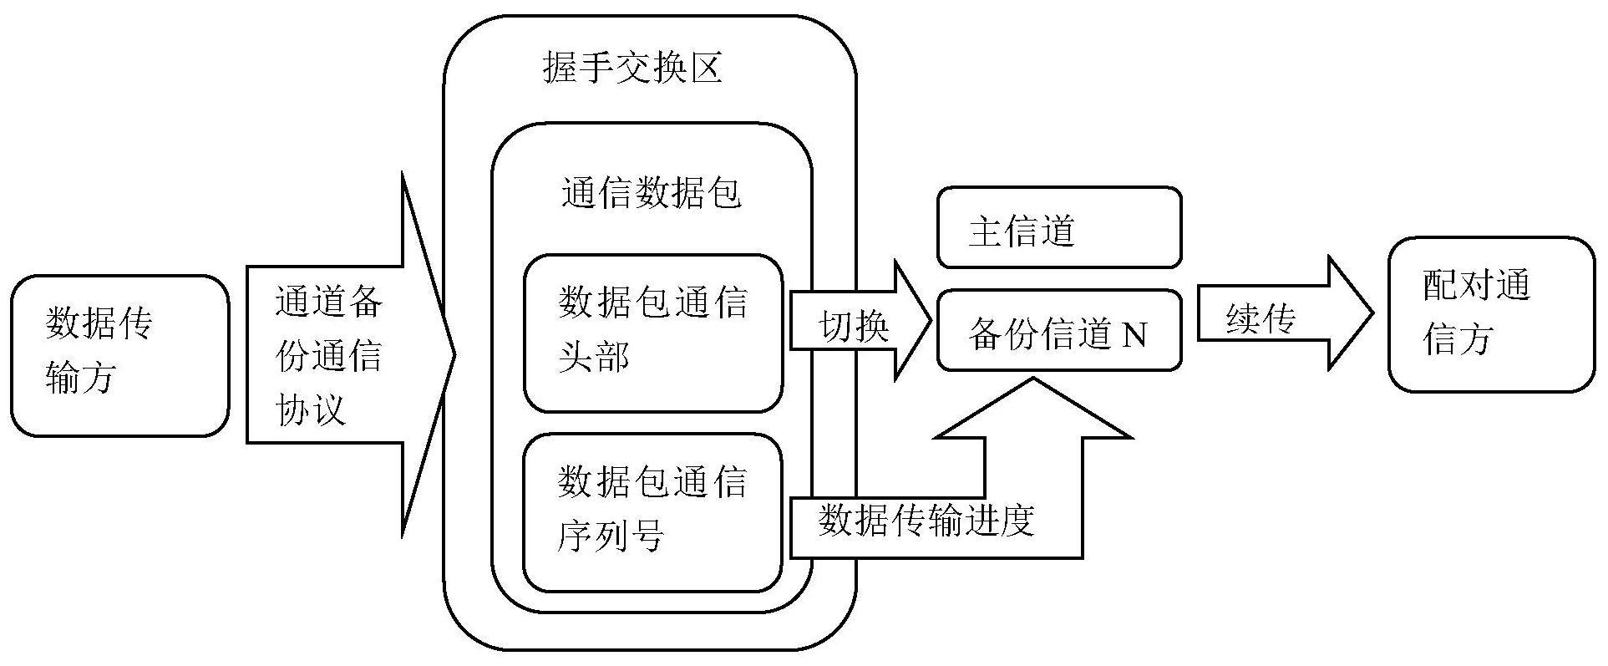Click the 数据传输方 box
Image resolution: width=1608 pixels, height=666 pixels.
pyautogui.click(x=119, y=355)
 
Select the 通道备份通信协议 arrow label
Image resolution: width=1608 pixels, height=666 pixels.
pyautogui.click(x=328, y=355)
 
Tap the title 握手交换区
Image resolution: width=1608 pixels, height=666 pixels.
pyautogui.click(x=632, y=68)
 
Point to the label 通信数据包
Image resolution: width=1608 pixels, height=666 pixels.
pyautogui.click(x=652, y=194)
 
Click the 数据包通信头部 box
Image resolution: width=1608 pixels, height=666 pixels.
pyautogui.click(x=652, y=333)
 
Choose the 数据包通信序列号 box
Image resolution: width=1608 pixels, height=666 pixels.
pyautogui.click(x=652, y=511)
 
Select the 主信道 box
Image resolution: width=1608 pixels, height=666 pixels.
pyautogui.click(x=1058, y=227)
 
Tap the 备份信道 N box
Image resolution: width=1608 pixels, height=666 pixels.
pyautogui.click(x=1058, y=332)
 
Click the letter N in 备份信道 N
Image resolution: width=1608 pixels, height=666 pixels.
pyautogui.click(x=1134, y=334)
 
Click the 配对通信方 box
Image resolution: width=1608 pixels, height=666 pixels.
pyautogui.click(x=1491, y=314)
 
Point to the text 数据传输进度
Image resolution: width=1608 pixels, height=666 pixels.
pyautogui.click(x=926, y=521)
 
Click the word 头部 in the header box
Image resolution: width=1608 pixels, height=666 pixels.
pyautogui.click(x=594, y=358)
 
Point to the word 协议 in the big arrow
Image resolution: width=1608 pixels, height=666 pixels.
pyautogui.click(x=310, y=409)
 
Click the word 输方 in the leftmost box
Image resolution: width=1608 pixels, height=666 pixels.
pyautogui.click(x=79, y=377)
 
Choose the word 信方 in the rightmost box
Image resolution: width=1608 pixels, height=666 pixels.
pyautogui.click(x=1458, y=339)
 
